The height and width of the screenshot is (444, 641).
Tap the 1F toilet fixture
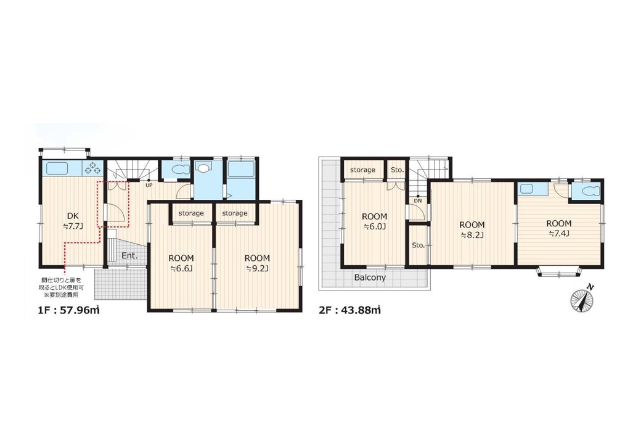[180, 169]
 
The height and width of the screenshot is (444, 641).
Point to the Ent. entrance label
[129, 256]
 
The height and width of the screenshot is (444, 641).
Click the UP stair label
[149, 185]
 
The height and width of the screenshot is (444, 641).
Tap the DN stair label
[418, 201]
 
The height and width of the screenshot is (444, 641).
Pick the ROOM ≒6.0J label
[374, 221]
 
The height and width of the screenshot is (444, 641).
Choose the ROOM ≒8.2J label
[472, 229]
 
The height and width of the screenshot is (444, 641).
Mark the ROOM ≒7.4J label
[559, 228]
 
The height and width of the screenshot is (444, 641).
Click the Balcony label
[370, 277]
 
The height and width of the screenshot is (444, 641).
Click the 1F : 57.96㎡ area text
[68, 310]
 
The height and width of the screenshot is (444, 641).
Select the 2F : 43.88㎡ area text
[349, 310]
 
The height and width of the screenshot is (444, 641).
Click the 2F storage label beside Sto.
[362, 170]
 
